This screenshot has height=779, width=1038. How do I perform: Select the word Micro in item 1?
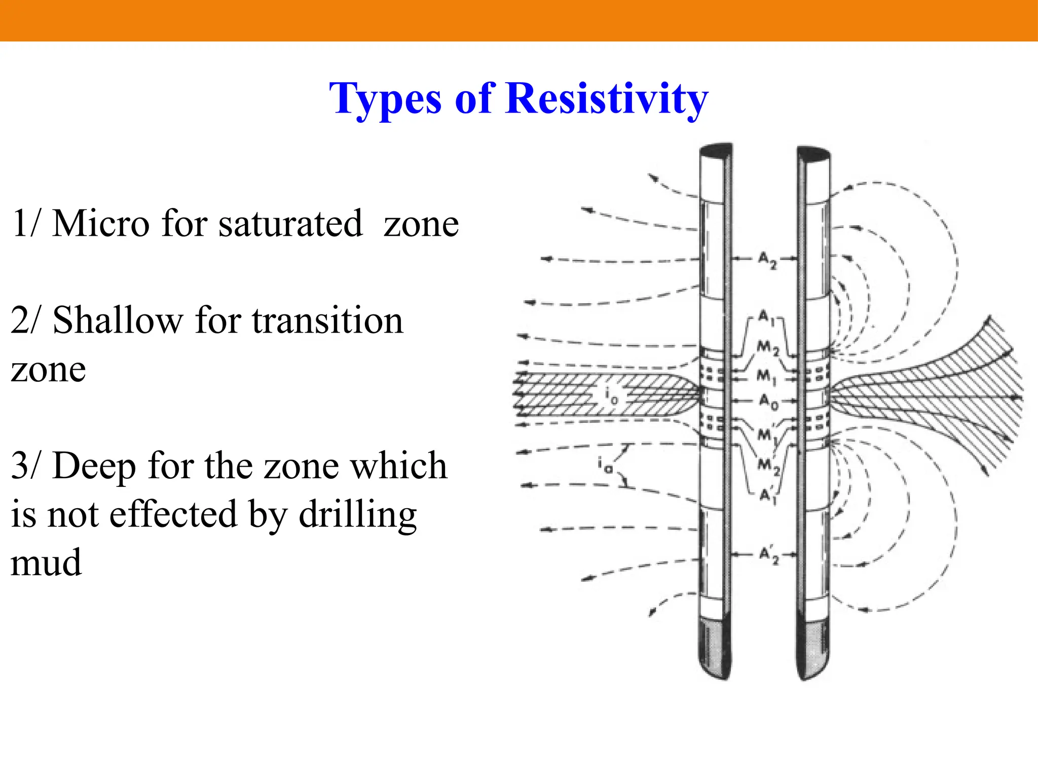pyautogui.click(x=101, y=224)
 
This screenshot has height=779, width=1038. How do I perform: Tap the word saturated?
pyautogui.click(x=290, y=224)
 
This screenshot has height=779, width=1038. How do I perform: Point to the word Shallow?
pyautogui.click(x=118, y=321)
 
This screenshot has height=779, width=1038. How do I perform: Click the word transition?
pyautogui.click(x=327, y=321)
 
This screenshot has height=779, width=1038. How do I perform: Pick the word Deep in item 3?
pyautogui.click(x=94, y=466)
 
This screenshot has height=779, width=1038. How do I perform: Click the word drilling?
pyautogui.click(x=357, y=514)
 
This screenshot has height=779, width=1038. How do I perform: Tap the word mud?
pyautogui.click(x=46, y=563)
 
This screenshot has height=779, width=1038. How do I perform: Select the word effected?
pyautogui.click(x=173, y=514)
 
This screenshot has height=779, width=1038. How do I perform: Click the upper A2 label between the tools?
pyautogui.click(x=766, y=260)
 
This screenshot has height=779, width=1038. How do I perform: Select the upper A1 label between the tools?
pyautogui.click(x=764, y=317)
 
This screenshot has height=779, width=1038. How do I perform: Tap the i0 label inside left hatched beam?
pyautogui.click(x=611, y=394)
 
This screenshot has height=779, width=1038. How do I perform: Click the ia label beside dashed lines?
pyautogui.click(x=605, y=464)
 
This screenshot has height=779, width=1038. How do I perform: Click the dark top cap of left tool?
pyautogui.click(x=716, y=150)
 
